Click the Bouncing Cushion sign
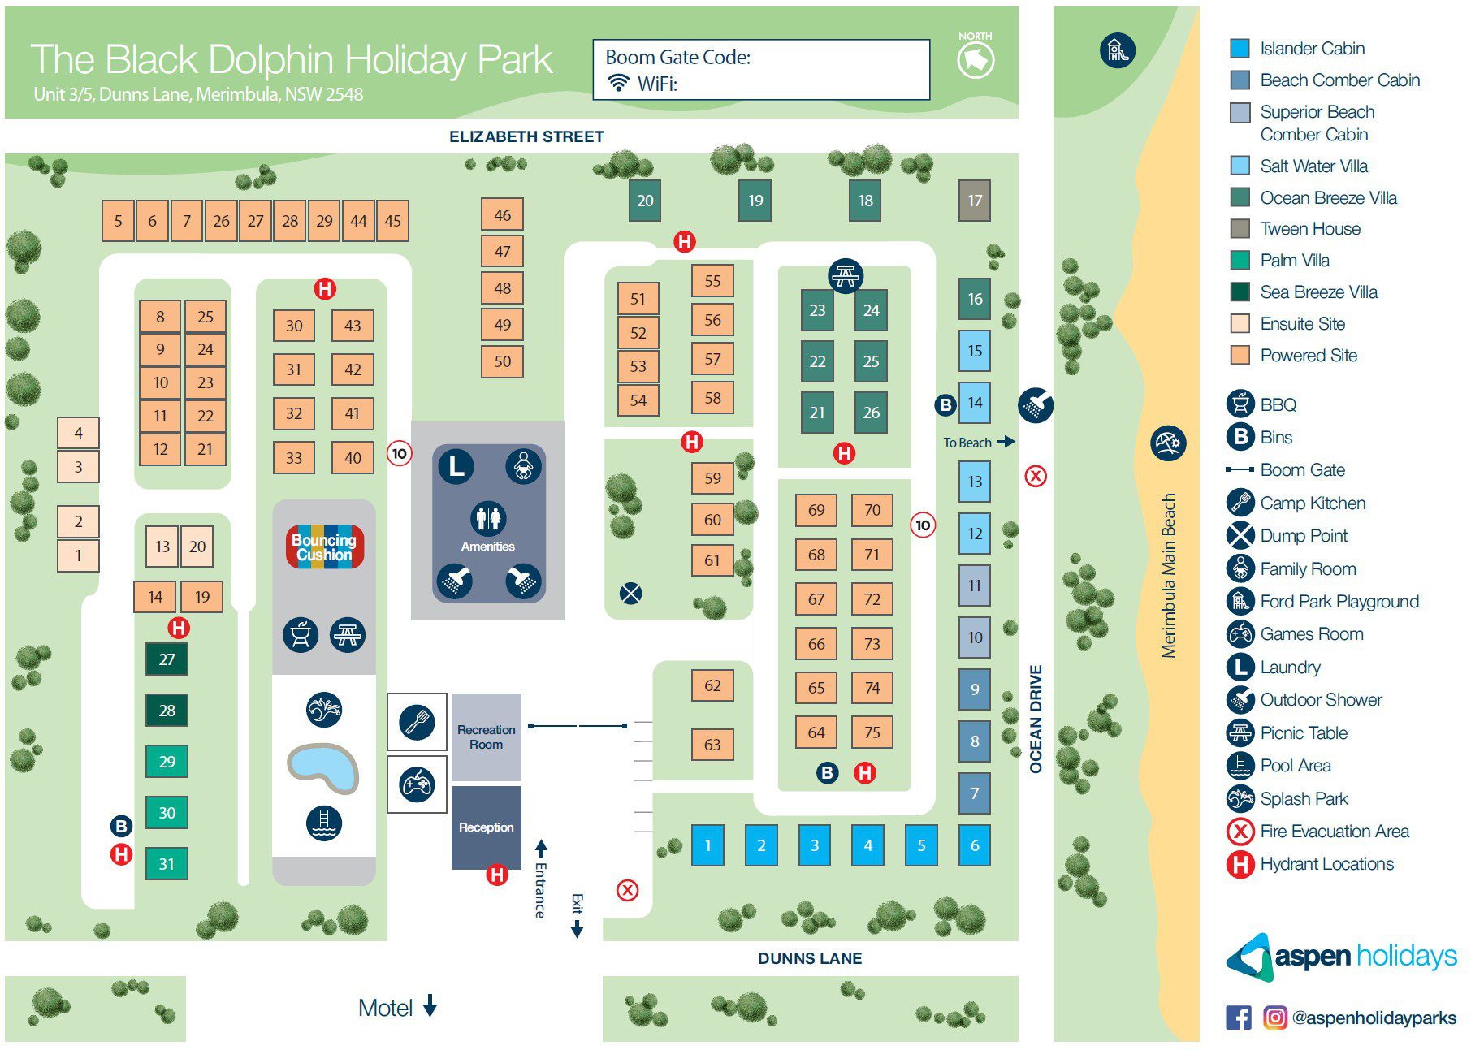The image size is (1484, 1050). [324, 547]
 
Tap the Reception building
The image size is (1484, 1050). [486, 827]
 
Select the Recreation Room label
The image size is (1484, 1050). [486, 737]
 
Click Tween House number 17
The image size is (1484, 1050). [975, 201]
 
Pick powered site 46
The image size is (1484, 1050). [502, 215]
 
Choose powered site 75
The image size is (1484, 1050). [872, 732]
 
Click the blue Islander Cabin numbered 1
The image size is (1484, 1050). [707, 845]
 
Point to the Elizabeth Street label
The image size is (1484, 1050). [526, 136]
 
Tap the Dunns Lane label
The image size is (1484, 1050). [809, 958]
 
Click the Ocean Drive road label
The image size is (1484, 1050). [1036, 719]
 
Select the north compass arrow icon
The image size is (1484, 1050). [976, 59]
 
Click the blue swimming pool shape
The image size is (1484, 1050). [323, 767]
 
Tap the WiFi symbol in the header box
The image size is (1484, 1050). [619, 83]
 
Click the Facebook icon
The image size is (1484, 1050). [1239, 1018]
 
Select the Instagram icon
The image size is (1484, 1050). [1275, 1018]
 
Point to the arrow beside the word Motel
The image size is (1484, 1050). [430, 1006]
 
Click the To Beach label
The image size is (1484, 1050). [967, 443]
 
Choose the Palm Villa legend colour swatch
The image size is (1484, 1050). [1240, 261]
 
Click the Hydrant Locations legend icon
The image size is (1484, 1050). [1240, 864]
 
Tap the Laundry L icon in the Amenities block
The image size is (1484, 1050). [456, 466]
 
